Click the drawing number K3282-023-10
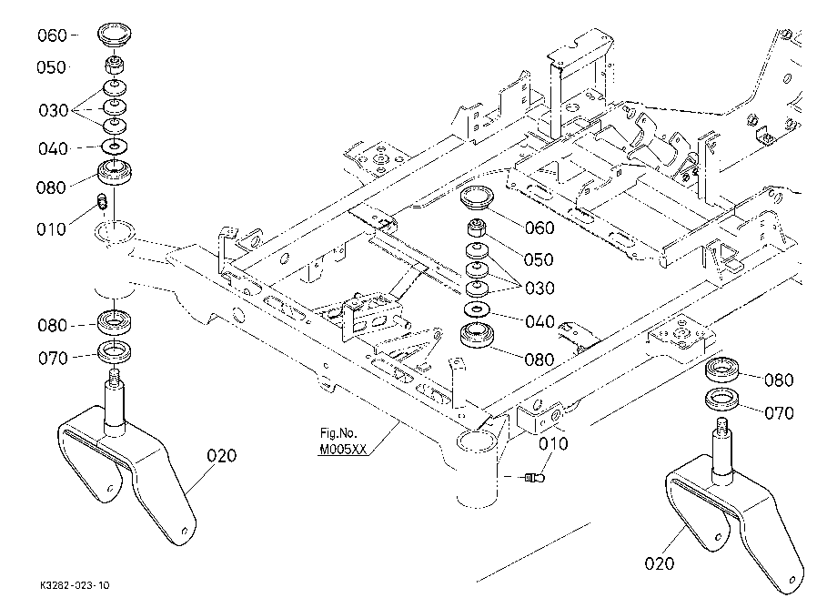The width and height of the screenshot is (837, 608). [x=75, y=585]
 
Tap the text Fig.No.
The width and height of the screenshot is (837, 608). [x=338, y=433]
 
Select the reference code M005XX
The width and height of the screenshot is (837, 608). [x=343, y=450]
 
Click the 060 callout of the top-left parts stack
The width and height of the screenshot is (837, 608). [x=52, y=35]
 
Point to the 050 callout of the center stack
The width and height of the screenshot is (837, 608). [x=539, y=260]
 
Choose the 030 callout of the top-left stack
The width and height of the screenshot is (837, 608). [x=54, y=111]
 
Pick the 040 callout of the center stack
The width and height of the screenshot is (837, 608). [x=540, y=322]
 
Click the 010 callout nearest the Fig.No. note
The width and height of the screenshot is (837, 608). [x=553, y=443]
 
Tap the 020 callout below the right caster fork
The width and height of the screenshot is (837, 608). [x=660, y=563]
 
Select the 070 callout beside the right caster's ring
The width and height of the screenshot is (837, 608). [x=780, y=413]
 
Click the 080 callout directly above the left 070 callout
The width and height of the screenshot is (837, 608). [x=53, y=326]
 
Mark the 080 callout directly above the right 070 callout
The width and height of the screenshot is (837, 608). [x=780, y=380]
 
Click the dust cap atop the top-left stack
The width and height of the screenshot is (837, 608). [x=115, y=35]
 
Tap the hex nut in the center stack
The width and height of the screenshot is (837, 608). [x=476, y=228]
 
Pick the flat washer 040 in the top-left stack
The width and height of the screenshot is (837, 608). [x=115, y=146]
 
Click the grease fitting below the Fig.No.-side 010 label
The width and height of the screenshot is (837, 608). [x=534, y=477]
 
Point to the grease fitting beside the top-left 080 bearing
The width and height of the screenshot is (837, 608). [x=103, y=202]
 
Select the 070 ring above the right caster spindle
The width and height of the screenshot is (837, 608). [x=722, y=400]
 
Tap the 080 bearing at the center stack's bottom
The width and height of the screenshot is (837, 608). [x=477, y=336]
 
